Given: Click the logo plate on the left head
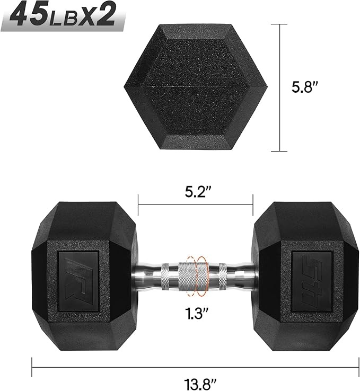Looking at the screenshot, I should click(x=77, y=272).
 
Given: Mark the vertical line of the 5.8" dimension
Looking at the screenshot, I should click(x=280, y=87).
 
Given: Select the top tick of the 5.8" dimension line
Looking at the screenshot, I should click(x=280, y=24).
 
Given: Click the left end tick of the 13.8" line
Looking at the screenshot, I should click(x=32, y=365).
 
